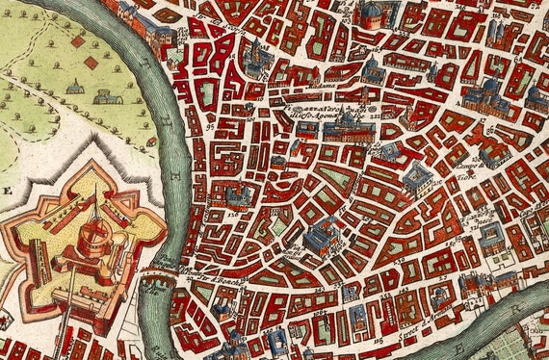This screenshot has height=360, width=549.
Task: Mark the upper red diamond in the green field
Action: (77, 41)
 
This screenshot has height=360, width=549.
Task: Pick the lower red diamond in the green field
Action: (91, 62)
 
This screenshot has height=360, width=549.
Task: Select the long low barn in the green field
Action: (106, 96)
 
